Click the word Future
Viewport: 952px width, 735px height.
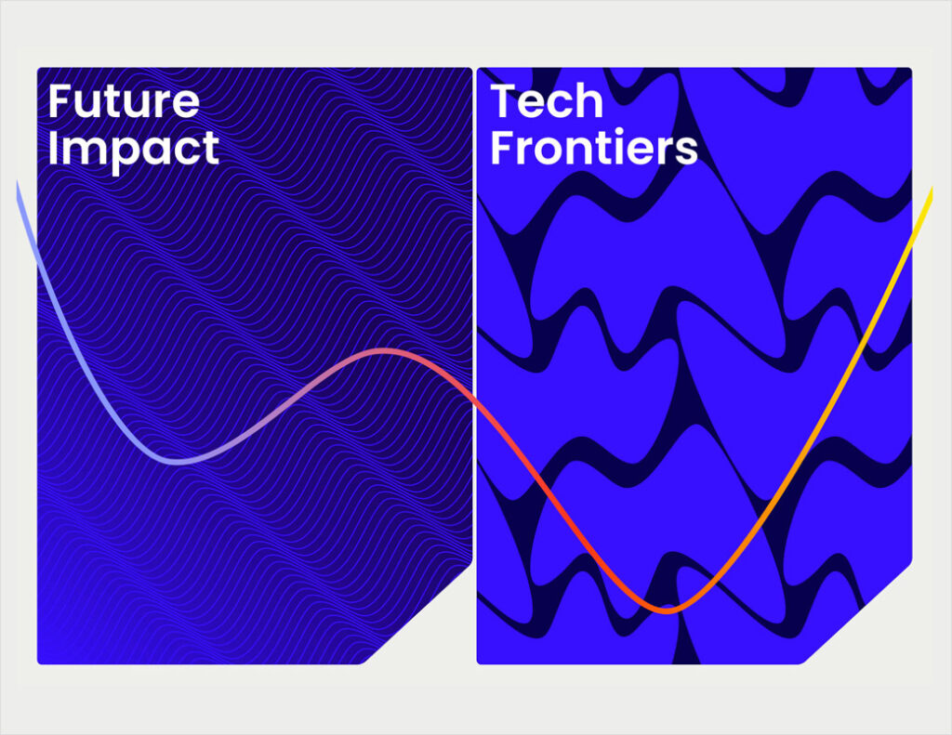pos(123,101)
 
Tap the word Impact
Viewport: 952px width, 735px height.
pos(133,149)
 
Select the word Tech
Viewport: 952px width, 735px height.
pos(547,101)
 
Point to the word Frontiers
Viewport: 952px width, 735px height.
pos(593,149)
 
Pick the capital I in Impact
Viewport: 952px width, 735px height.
pos(53,149)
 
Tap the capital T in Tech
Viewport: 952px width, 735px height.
pos(503,101)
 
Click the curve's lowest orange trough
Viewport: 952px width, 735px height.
pos(667,610)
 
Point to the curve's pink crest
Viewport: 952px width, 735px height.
pos(384,351)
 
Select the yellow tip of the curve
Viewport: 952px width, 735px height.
pos(929,195)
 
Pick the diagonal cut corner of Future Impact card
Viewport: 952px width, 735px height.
pos(418,613)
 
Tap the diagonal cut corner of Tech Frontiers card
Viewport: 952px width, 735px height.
pos(858,613)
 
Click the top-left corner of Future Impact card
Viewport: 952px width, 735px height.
pos(39,70)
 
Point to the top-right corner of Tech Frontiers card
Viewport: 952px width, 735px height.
pos(909,70)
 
